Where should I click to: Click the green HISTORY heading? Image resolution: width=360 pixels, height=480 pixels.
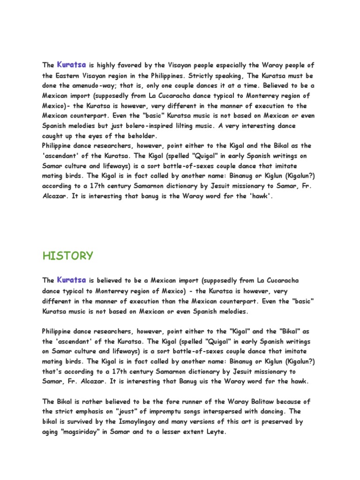(x=67, y=256)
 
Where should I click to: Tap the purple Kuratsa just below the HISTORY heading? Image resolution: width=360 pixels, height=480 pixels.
(x=71, y=280)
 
